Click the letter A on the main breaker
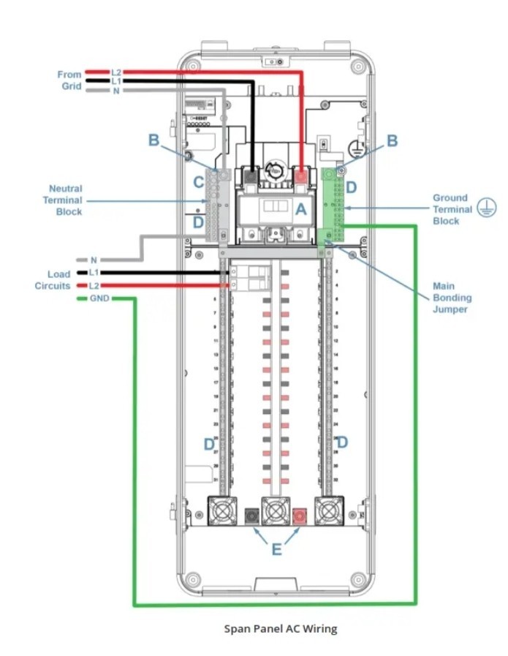(x=300, y=208)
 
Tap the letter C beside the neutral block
(x=198, y=182)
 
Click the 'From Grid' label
(x=71, y=80)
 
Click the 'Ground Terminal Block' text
(x=452, y=209)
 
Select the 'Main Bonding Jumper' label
(x=451, y=298)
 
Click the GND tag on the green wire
(x=99, y=299)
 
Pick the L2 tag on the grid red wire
(x=116, y=72)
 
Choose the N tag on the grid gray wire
(x=116, y=91)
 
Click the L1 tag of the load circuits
(x=93, y=273)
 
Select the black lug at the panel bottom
(x=253, y=516)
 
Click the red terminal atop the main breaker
(x=300, y=176)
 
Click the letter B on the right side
(x=393, y=140)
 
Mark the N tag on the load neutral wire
(x=93, y=260)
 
